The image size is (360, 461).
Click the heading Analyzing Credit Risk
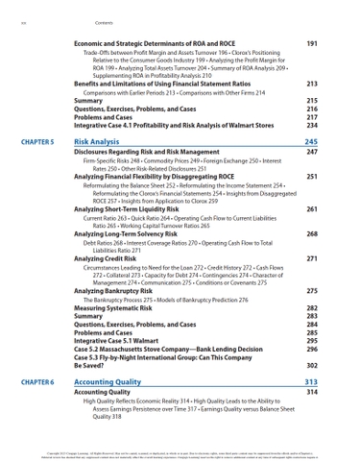[107, 258]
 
